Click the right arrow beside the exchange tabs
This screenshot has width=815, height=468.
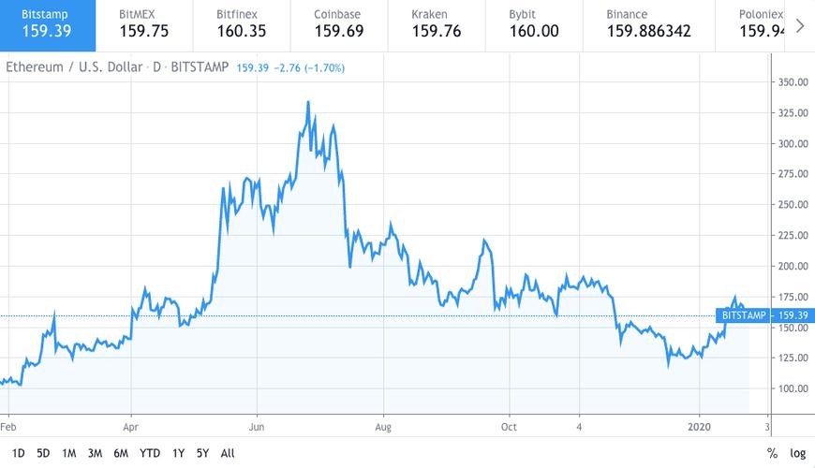coord(799,25)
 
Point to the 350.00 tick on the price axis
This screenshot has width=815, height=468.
coord(793,82)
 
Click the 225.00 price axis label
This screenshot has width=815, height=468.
coord(793,235)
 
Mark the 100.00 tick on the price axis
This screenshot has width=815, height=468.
coord(793,388)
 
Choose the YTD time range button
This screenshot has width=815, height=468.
coord(149,453)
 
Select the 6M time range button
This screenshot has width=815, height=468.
coord(121,453)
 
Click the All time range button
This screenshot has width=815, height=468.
coord(228,453)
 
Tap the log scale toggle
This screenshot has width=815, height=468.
coord(797,453)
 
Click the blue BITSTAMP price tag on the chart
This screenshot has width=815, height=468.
coord(745,315)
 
